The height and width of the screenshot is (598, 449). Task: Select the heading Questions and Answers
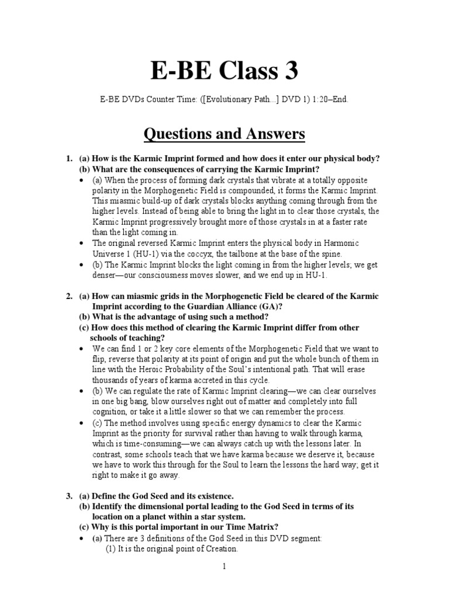coord(224,134)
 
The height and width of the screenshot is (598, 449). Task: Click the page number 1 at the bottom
coord(224,566)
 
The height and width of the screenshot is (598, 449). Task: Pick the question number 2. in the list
coord(69,297)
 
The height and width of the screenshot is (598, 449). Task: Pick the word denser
coord(109,275)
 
